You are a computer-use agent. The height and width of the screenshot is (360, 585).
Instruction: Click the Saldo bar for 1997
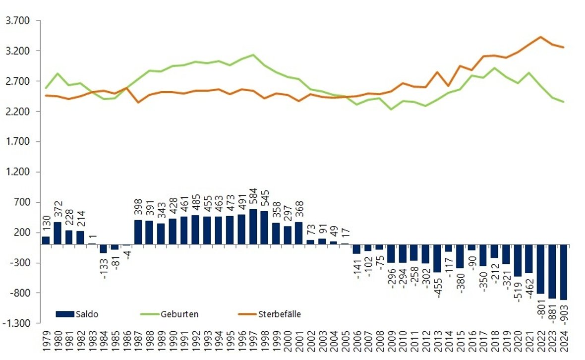click(x=253, y=227)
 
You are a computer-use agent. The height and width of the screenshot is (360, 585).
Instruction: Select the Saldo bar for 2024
click(x=563, y=272)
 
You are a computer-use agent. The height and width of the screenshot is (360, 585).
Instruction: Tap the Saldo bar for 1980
click(x=58, y=233)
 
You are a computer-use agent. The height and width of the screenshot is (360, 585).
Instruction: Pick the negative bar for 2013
click(x=437, y=258)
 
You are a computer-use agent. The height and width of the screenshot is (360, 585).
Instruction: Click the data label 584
click(x=253, y=198)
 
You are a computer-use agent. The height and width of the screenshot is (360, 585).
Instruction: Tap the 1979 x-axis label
click(x=46, y=342)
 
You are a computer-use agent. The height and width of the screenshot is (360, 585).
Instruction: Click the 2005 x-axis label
click(x=346, y=342)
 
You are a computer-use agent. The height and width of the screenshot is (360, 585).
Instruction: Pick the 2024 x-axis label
click(x=564, y=342)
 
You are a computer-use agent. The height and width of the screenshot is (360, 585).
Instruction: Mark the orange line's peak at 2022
click(x=540, y=37)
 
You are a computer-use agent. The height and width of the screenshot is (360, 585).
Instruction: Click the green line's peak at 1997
click(x=253, y=55)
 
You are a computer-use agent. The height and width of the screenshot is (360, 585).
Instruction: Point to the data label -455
click(x=437, y=284)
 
